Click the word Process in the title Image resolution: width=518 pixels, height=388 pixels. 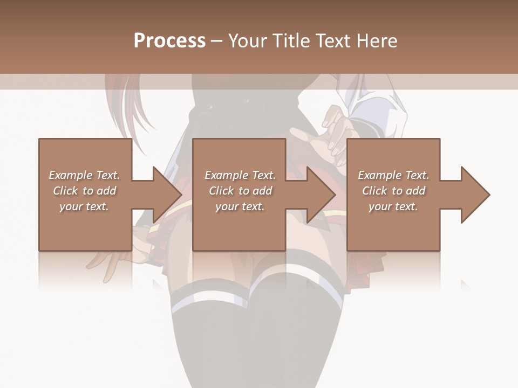(x=169, y=41)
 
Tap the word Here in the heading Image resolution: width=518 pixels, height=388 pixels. (x=377, y=41)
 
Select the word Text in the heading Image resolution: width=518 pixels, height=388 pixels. (x=333, y=41)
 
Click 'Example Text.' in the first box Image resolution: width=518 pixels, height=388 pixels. (x=85, y=175)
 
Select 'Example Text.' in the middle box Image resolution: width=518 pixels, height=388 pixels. (x=240, y=175)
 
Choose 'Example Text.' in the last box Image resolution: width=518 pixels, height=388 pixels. (x=393, y=175)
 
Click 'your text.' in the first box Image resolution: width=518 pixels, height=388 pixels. (x=84, y=206)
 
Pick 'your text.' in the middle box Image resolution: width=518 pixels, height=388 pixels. (x=240, y=206)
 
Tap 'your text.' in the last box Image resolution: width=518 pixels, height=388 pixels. (x=393, y=206)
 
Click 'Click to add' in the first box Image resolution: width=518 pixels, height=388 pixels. (x=85, y=191)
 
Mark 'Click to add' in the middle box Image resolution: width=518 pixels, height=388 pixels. (x=240, y=191)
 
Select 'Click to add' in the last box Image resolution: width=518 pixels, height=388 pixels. (x=393, y=191)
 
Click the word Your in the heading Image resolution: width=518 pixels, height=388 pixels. (x=247, y=41)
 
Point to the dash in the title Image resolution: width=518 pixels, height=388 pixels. (x=217, y=41)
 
